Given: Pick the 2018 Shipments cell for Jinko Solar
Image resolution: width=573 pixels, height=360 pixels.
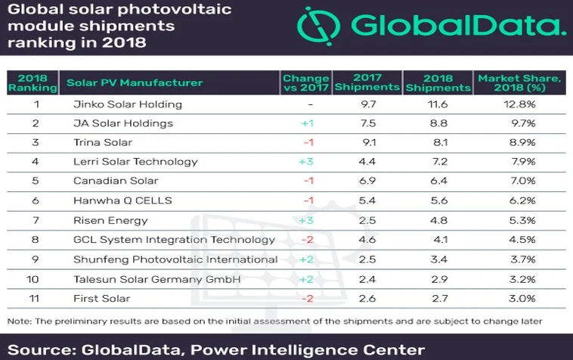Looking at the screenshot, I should (438, 104).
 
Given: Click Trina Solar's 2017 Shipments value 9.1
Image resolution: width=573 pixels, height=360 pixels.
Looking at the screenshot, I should (367, 142).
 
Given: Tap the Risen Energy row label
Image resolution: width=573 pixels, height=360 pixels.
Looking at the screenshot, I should (101, 220).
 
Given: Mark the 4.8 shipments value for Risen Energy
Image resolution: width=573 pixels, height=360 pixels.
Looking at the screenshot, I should (438, 220).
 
